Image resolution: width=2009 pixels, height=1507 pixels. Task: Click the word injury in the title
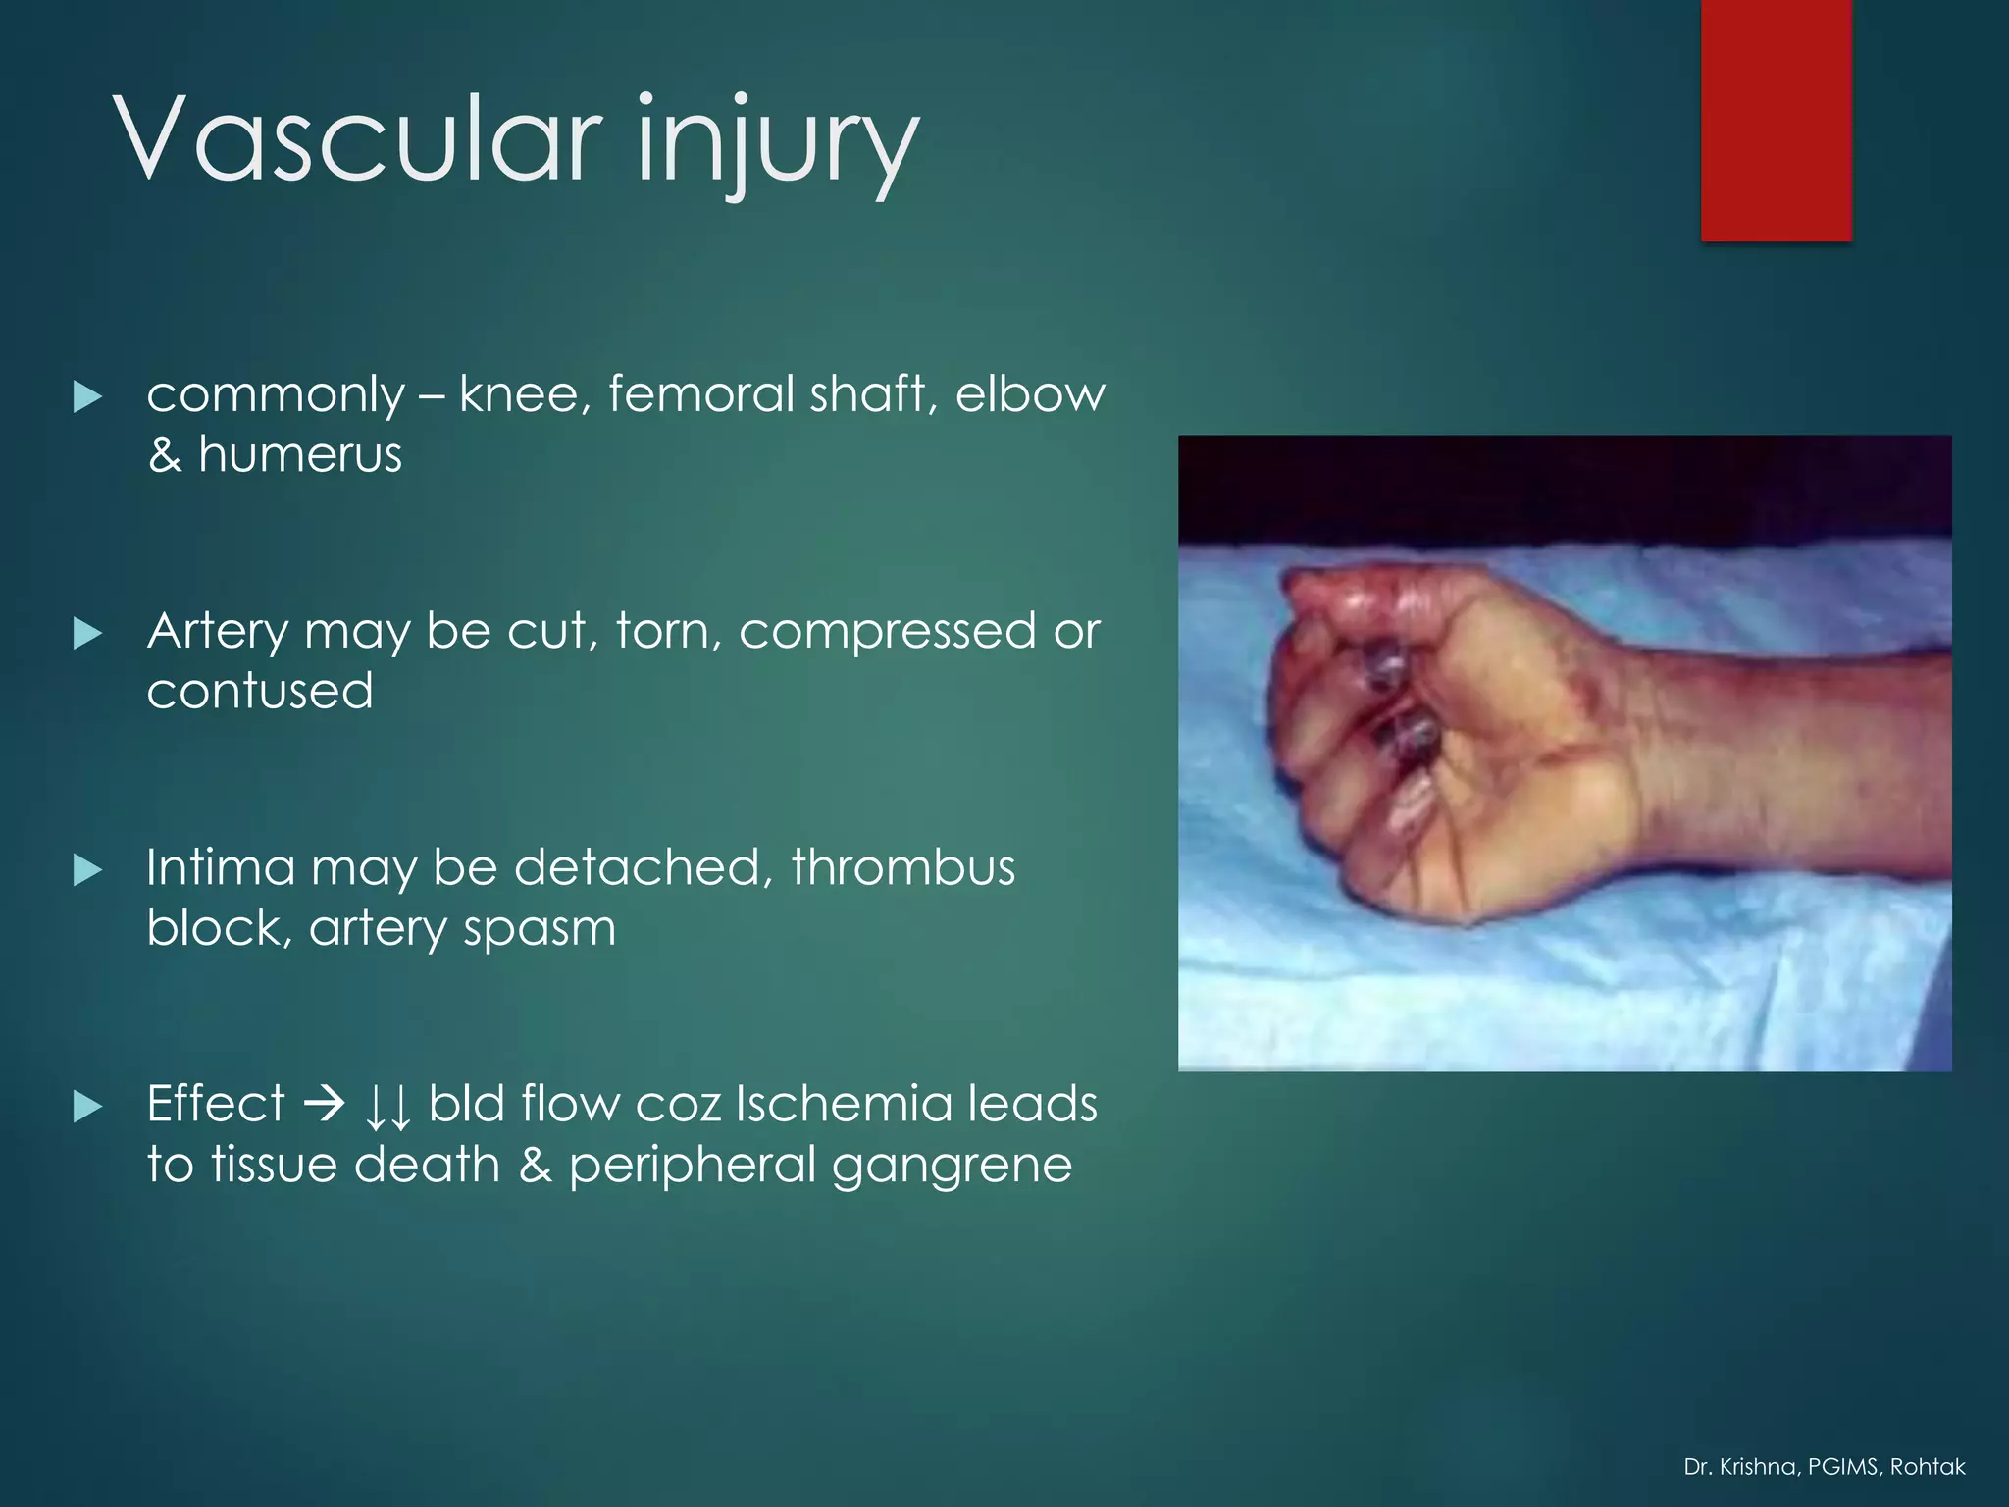pos(777,142)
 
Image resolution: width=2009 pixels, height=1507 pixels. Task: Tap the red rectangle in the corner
pos(1776,120)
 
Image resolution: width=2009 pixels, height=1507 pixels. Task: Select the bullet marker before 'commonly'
pos(88,397)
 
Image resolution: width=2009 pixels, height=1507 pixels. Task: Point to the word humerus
pos(300,455)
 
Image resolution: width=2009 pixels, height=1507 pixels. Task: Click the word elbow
pos(1030,393)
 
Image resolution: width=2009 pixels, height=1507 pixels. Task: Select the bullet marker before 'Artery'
pos(88,634)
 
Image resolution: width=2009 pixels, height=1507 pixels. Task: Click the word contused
pos(260,691)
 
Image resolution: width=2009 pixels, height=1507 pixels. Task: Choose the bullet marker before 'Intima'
pos(88,870)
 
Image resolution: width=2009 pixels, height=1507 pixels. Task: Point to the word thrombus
pos(902,867)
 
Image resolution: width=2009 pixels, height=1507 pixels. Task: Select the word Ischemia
pos(844,1104)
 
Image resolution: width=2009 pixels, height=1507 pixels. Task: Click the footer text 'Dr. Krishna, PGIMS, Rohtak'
pos(1824,1467)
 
